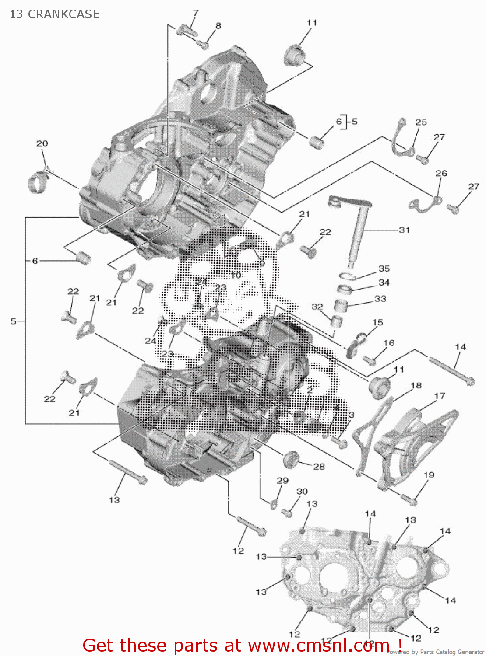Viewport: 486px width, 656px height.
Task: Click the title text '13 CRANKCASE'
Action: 55,14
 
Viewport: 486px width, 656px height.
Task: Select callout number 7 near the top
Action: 195,13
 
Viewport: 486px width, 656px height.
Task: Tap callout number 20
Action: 42,143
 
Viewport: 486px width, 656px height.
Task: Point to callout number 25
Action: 421,122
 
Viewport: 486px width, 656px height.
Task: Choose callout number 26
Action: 441,173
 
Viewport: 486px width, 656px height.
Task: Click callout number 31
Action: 404,230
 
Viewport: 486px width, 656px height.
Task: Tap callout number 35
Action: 384,269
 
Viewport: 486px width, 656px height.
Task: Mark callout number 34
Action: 384,283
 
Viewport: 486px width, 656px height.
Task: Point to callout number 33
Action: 380,299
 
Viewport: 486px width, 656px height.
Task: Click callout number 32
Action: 317,307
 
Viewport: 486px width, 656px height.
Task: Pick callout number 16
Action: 389,343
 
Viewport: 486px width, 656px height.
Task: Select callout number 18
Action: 416,385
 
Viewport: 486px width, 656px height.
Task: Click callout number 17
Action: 440,396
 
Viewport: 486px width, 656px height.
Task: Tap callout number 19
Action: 429,475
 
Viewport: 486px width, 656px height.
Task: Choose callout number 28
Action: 319,467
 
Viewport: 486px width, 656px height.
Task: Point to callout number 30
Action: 302,492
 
